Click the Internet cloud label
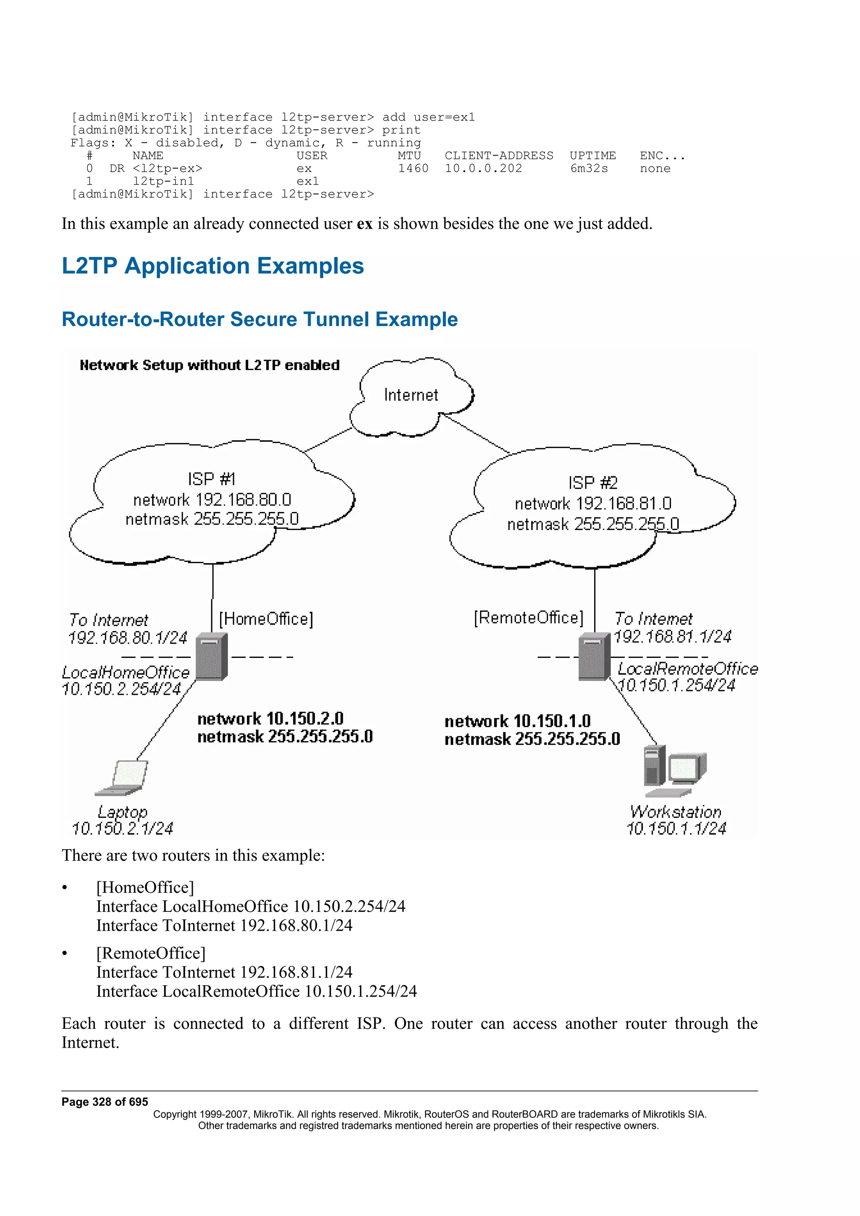coord(411,395)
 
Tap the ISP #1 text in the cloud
coord(211,479)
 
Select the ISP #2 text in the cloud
coord(593,483)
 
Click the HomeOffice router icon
coord(211,657)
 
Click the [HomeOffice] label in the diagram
coord(266,618)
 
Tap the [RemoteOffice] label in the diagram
coord(528,618)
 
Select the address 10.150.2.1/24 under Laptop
coord(122,828)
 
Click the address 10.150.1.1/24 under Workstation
coord(676,828)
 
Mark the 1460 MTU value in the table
coord(413,168)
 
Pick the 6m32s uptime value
coord(589,168)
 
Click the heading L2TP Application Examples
coord(212,266)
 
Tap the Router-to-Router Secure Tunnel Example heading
coord(260,319)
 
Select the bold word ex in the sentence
coord(364,224)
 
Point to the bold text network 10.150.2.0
coord(270,719)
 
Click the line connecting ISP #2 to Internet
coord(476,433)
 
